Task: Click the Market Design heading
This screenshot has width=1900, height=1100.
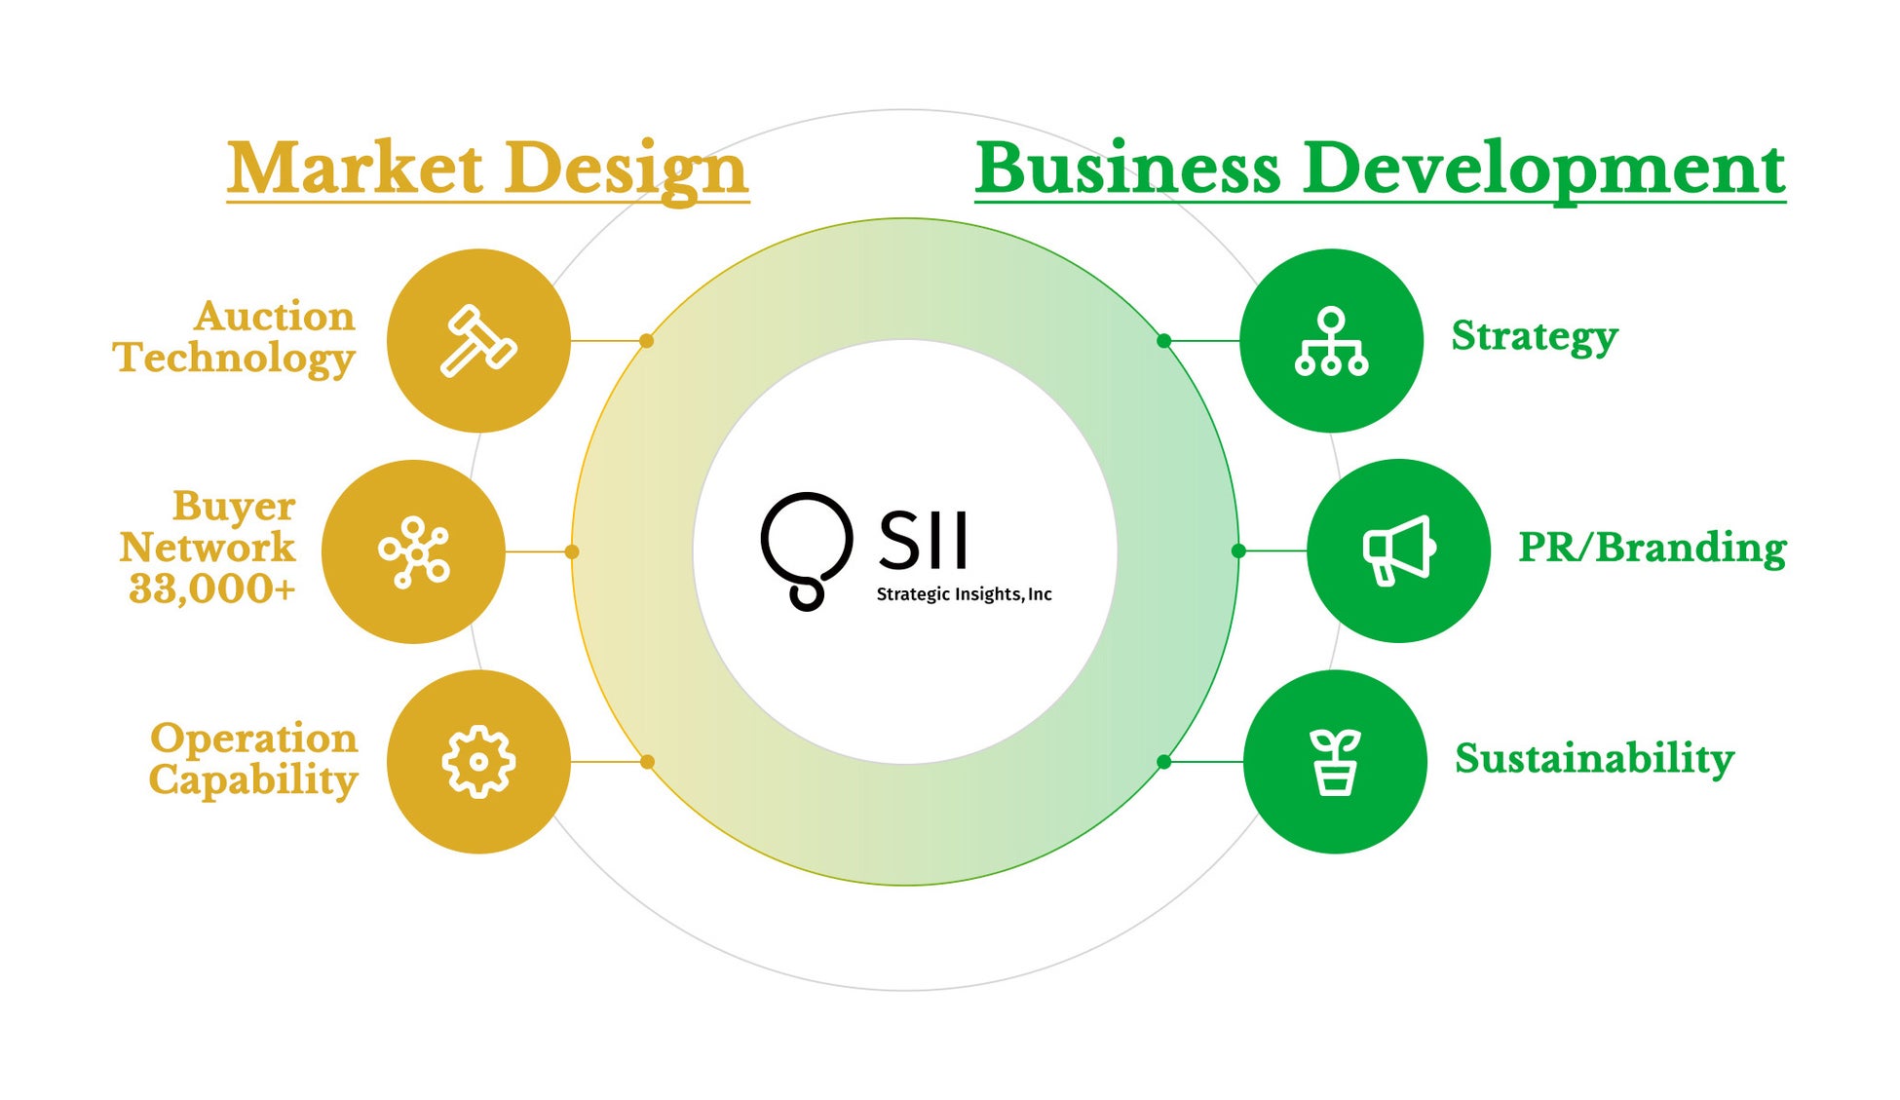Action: pos(487,169)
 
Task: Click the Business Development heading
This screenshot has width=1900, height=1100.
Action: pos(1380,169)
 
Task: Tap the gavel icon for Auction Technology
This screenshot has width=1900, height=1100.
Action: pos(477,341)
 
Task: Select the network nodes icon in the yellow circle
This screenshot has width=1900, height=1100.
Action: pos(414,551)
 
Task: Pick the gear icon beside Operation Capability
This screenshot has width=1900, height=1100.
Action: pos(477,762)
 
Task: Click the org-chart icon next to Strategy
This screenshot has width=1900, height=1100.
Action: pos(1331,341)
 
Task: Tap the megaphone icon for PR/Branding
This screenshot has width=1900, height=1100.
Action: pos(1398,550)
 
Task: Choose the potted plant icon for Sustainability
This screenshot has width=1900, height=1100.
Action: pos(1335,762)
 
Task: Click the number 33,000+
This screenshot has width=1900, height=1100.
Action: pos(211,588)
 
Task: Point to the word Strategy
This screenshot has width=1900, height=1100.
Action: pos(1534,336)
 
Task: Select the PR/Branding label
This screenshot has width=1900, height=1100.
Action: pos(1652,548)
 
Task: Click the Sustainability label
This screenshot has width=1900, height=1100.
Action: pos(1594,758)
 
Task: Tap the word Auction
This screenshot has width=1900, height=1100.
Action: pos(274,317)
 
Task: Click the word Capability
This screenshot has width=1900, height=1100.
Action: pos(253,780)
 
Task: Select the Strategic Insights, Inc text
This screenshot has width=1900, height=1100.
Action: pos(964,594)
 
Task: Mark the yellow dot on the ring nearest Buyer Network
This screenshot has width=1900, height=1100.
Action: pos(572,551)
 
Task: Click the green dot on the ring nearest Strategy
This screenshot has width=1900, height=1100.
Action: pos(1163,341)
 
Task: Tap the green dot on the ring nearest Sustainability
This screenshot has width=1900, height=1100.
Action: pos(1163,762)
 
